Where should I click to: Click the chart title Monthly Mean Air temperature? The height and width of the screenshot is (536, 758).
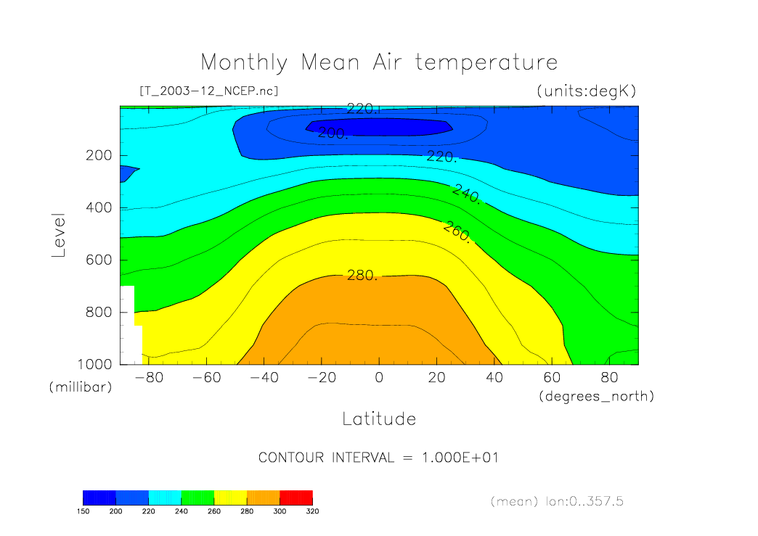[379, 62]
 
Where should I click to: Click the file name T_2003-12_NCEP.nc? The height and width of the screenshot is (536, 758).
[208, 91]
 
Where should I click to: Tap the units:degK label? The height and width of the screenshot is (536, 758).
[586, 91]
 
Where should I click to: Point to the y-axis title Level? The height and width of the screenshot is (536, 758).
[59, 235]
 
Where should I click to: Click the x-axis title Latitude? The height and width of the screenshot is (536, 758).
[379, 419]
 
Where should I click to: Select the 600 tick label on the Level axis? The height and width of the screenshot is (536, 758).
[98, 260]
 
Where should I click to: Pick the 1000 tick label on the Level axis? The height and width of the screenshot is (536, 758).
[94, 364]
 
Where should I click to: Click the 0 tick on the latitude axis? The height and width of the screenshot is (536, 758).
[378, 378]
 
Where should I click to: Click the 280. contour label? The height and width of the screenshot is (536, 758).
[361, 276]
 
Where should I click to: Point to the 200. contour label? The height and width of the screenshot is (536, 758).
[333, 133]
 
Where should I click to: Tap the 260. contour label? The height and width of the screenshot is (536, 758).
[457, 232]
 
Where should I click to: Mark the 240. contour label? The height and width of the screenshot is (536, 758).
[465, 194]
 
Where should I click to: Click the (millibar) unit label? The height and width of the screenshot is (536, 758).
[81, 387]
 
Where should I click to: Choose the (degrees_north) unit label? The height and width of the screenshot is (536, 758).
[596, 396]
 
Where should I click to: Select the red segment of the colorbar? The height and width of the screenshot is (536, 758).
[296, 497]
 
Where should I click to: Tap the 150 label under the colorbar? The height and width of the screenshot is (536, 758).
[83, 511]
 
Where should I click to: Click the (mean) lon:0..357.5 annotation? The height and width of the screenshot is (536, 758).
[556, 501]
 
